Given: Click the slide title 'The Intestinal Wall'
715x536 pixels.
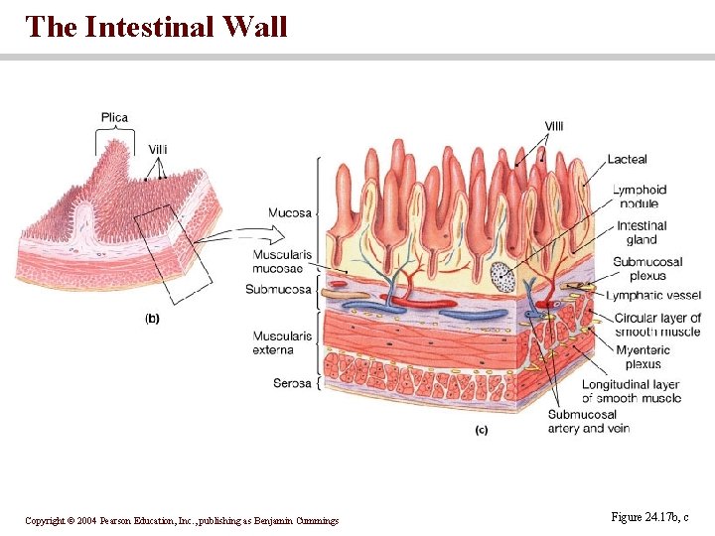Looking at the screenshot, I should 157,27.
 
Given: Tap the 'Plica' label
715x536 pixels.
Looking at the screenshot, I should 114,118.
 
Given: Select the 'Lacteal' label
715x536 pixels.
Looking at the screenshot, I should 627,159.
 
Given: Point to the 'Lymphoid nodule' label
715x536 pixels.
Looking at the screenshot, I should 640,197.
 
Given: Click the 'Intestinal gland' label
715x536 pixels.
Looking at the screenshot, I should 642,232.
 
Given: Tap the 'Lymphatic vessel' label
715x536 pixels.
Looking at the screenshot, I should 653,296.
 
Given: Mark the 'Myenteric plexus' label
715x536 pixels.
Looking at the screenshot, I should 643,357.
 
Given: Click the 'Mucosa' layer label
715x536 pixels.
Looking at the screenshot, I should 290,212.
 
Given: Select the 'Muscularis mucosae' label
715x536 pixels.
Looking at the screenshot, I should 282,261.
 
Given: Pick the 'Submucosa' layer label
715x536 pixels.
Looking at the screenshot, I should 278,290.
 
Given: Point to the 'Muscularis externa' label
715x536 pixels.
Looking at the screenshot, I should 282,342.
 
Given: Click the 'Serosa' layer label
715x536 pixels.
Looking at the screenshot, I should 292,383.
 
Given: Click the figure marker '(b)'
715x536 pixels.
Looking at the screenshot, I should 152,319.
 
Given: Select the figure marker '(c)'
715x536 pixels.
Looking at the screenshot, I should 482,431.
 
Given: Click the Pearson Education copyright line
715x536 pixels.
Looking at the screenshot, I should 182,520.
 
